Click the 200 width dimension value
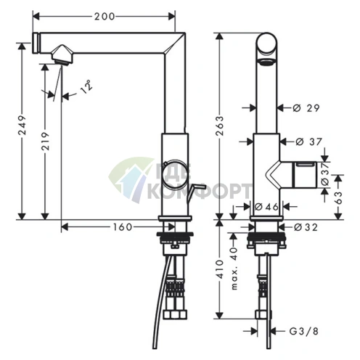tap(105, 17)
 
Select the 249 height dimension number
tap(22, 126)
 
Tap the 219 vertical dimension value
tap(45, 141)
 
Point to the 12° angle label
tap(86, 86)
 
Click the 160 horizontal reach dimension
tap(123, 227)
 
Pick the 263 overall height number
tap(220, 126)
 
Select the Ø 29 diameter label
tap(306, 108)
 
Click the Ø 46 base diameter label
tap(267, 207)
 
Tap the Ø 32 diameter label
tap(306, 227)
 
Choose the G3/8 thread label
tap(304, 331)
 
